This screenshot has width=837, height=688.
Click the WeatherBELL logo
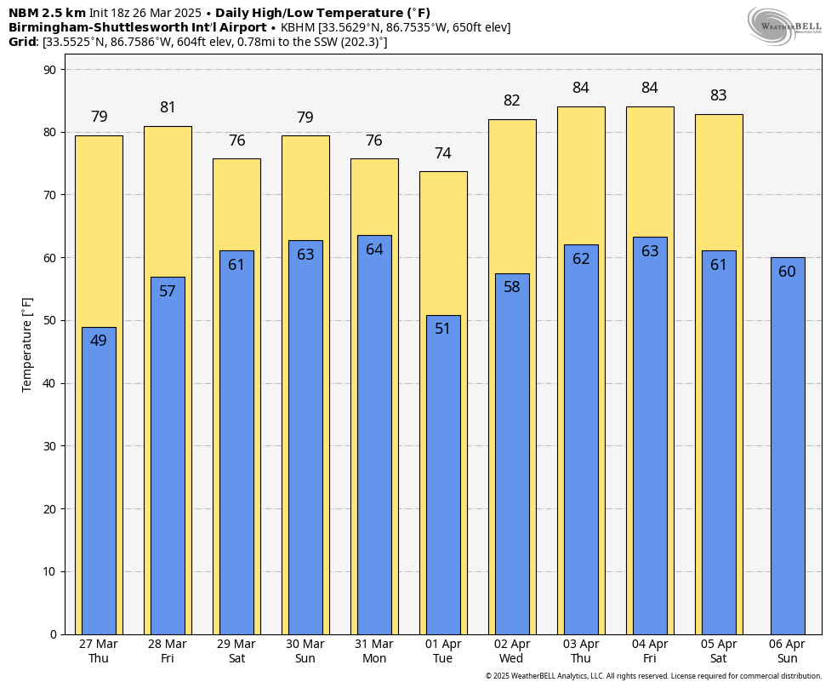(x=784, y=26)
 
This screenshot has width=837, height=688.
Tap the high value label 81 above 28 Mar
(x=168, y=107)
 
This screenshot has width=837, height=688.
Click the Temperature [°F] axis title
(x=27, y=344)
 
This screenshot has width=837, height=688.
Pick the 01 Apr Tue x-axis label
(x=442, y=651)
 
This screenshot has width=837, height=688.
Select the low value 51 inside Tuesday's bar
(x=442, y=329)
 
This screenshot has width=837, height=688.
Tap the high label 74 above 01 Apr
(x=442, y=153)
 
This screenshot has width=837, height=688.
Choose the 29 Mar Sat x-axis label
(x=236, y=651)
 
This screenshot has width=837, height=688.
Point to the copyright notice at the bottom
(x=653, y=676)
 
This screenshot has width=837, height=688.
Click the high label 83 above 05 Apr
(x=718, y=95)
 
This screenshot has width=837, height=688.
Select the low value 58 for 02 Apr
(x=511, y=287)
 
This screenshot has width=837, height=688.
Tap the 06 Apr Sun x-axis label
(x=787, y=651)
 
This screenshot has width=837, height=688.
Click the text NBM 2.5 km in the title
(x=47, y=13)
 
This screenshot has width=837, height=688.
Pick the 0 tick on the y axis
(x=53, y=634)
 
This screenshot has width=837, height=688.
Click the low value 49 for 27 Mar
(x=99, y=341)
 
